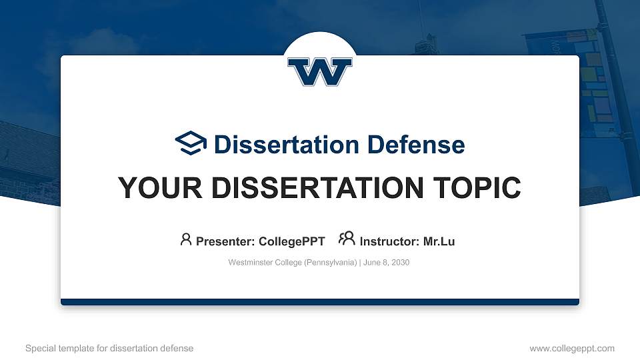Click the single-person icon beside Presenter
point(186,239)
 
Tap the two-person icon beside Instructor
point(347,239)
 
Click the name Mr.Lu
point(439,241)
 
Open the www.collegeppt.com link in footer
point(572,348)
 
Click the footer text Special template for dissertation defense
point(109,348)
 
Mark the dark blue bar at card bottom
point(320,302)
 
